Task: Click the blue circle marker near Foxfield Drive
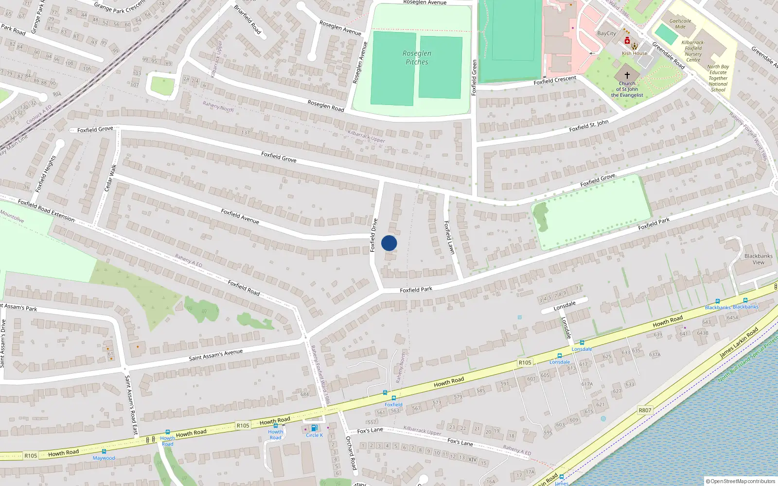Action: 389,243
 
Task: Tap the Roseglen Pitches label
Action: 417,58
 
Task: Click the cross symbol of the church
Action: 627,75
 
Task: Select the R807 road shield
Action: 645,410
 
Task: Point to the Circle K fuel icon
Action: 314,428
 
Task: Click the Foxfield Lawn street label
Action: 449,237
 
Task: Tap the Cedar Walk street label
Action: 110,177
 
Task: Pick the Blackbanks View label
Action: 758,259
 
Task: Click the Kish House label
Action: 635,53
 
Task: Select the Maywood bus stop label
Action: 104,458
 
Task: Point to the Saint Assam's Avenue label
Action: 215,355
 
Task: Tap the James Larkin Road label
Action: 739,343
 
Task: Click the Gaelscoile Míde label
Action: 680,24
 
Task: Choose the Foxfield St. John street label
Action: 588,126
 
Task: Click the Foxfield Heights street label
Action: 46,174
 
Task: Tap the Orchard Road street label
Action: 351,452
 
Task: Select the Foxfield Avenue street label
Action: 240,216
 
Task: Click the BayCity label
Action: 606,34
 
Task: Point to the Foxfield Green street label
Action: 474,77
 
